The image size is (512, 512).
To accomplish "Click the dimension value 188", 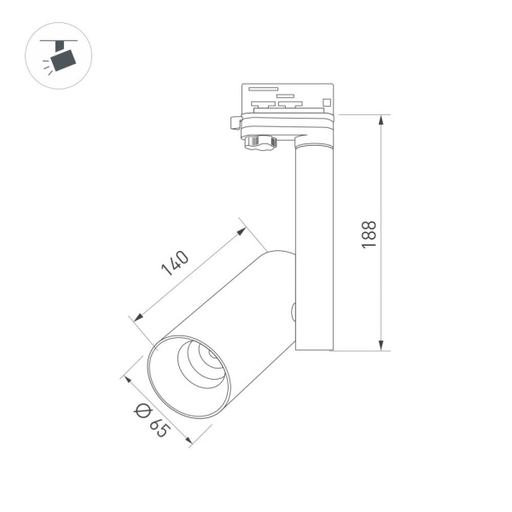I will click(x=369, y=234).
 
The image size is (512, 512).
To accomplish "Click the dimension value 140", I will click(x=176, y=264).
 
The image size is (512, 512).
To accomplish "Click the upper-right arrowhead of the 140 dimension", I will click(x=242, y=229).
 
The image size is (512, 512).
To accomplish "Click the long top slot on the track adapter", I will click(x=261, y=88).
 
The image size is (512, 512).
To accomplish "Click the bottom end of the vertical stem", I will click(x=313, y=347).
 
